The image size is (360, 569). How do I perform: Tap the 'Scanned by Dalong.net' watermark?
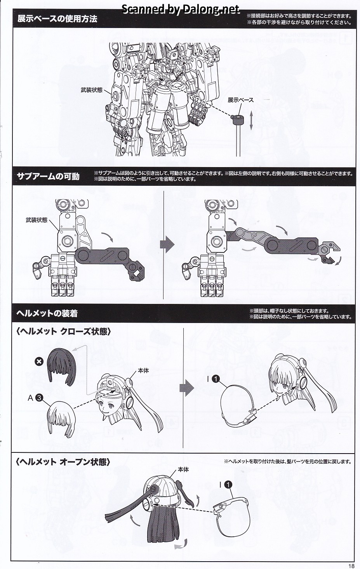pyautogui.click(x=181, y=9)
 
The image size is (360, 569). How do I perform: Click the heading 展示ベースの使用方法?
pyautogui.click(x=57, y=19)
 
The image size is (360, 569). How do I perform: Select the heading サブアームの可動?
pyautogui.click(x=48, y=176)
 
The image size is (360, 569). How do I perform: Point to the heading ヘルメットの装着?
pyautogui.click(x=47, y=314)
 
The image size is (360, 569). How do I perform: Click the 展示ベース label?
pyautogui.click(x=240, y=100)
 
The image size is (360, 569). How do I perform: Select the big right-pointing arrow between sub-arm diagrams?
pyautogui.click(x=167, y=245)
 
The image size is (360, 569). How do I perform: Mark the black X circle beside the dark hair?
pyautogui.click(x=39, y=361)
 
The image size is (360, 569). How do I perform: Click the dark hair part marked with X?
pyautogui.click(x=61, y=366)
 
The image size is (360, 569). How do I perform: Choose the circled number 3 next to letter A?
pyautogui.click(x=39, y=398)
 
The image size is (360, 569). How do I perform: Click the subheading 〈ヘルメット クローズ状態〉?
pyautogui.click(x=63, y=332)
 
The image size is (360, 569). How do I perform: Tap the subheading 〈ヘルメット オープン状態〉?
pyautogui.click(x=63, y=462)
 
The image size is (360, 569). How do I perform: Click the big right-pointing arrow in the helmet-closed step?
pyautogui.click(x=186, y=388)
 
